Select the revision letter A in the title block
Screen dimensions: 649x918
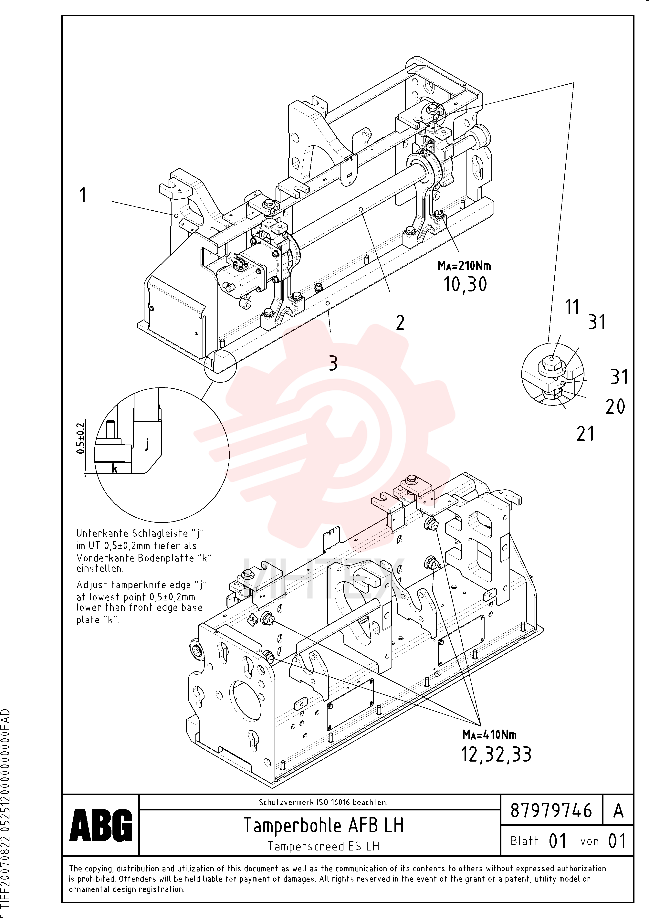coord(618,811)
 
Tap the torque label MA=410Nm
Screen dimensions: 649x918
coord(489,735)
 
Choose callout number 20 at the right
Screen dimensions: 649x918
coord(615,407)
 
